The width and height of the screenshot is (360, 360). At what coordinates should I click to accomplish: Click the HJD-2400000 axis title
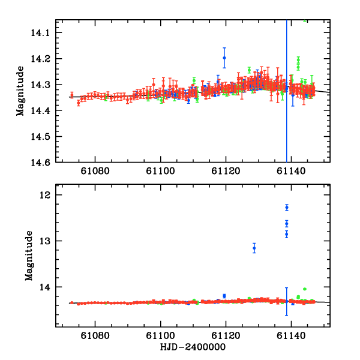point(193,348)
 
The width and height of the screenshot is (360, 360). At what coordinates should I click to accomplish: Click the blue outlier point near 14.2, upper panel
point(224,58)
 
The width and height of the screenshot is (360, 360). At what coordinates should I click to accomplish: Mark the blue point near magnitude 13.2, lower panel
point(254,248)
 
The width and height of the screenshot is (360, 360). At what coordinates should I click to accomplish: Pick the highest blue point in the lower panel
point(287,207)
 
